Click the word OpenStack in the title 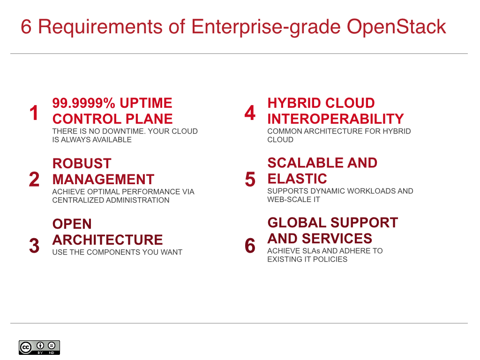tap(396, 27)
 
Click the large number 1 tap(34, 113)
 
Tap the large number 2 tap(34, 180)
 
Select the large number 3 tap(34, 246)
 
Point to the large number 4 tap(250, 113)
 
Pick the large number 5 tap(250, 180)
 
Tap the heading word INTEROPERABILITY tap(335, 119)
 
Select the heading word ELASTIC tap(297, 179)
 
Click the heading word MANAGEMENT tap(103, 180)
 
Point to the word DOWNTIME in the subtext tap(124, 131)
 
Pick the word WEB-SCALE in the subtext tap(289, 200)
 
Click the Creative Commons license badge tap(39, 347)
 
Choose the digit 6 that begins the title tap(26, 27)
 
